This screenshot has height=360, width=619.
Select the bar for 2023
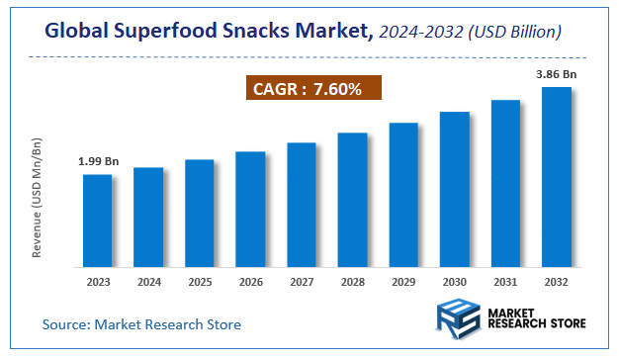point(97,221)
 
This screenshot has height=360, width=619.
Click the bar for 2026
point(250,209)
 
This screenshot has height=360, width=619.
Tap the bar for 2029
point(403,195)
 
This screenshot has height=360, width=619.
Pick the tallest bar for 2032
point(557,177)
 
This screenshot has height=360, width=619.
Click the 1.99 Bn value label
point(98,160)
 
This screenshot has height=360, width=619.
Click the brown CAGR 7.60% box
point(312,90)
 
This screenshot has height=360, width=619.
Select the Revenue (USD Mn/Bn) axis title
point(37,197)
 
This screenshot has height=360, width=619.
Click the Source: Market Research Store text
point(141,323)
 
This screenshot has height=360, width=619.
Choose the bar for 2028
point(352,200)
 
